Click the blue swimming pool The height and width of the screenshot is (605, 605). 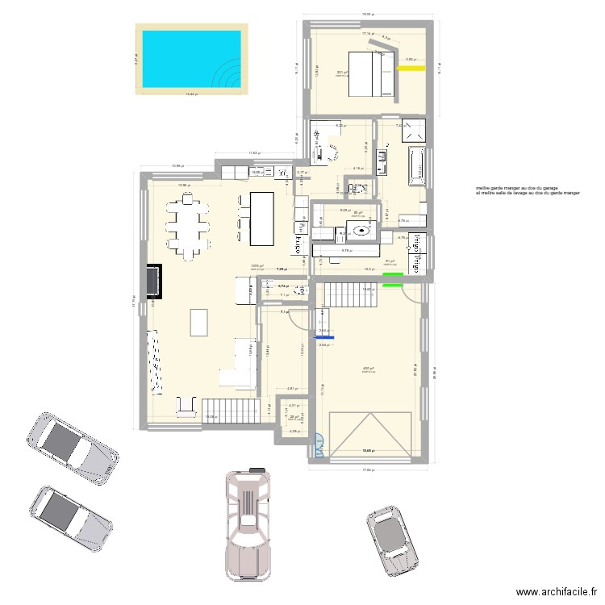(x=191, y=59)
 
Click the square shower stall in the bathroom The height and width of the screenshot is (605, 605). (x=416, y=131)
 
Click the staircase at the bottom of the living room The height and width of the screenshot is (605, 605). (x=221, y=409)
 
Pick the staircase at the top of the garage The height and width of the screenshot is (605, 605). (x=351, y=295)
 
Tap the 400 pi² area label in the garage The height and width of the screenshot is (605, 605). (x=367, y=369)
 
